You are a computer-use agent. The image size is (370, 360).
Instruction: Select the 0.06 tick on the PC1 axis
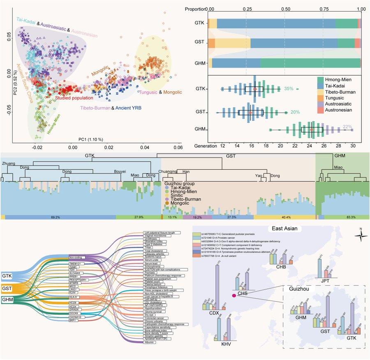tap(178, 147)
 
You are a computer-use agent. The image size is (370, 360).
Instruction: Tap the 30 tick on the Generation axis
tap(352, 146)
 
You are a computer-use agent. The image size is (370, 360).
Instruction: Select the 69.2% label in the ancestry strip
tap(56, 217)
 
